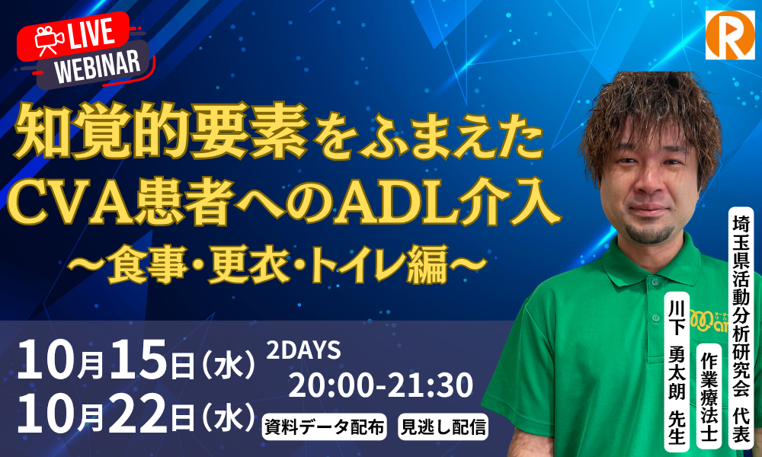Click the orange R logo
730,36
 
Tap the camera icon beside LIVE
49,40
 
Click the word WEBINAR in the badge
98,66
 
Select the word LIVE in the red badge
92,34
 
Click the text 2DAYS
303,350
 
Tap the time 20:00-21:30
380,385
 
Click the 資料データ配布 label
324,427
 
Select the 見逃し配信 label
443,427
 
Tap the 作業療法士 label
709,396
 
